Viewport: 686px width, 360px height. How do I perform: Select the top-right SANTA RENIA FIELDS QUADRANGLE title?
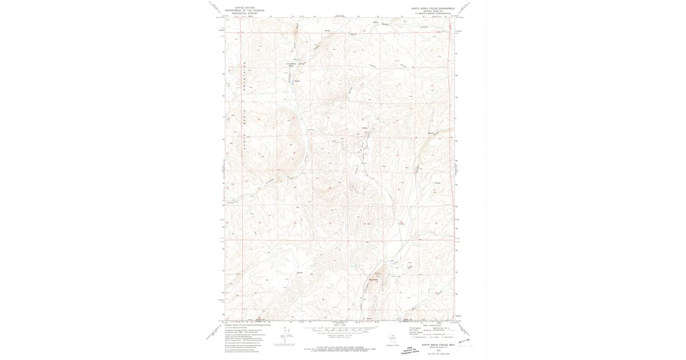pyautogui.click(x=432, y=8)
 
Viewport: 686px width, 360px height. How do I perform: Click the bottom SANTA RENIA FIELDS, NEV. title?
pyautogui.click(x=437, y=345)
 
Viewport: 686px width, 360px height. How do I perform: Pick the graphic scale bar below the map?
pyautogui.click(x=342, y=330)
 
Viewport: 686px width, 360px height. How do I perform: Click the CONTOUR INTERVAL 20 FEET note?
pyautogui.click(x=342, y=337)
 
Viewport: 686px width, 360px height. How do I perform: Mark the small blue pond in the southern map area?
pyautogui.click(x=353, y=266)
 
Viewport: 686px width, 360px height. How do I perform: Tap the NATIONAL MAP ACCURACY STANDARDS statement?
pyautogui.click(x=342, y=346)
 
